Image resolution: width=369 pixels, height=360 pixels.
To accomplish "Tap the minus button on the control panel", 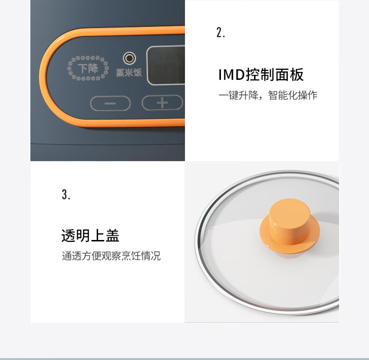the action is (110, 103).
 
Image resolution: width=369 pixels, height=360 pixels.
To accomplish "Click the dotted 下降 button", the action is (88, 68).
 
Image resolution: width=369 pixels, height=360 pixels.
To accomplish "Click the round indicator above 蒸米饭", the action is (129, 58).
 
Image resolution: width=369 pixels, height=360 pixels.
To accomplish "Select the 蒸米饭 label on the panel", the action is (129, 72).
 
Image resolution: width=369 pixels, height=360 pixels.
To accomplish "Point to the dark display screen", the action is (166, 65).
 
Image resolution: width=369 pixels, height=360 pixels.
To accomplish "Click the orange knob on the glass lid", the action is (290, 226).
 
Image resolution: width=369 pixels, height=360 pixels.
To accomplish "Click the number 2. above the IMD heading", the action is (221, 33).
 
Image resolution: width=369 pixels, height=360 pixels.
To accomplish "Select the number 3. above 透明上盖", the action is (66, 195).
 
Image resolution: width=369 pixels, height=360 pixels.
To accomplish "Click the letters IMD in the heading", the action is (232, 75).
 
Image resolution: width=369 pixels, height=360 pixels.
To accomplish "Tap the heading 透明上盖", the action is (90, 235).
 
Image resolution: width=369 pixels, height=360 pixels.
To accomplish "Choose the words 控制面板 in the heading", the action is (275, 75).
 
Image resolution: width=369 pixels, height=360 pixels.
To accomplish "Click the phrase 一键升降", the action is (238, 95).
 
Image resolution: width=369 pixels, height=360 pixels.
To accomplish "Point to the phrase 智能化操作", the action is (293, 95).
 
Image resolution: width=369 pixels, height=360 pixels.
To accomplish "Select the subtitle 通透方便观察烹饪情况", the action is (111, 256).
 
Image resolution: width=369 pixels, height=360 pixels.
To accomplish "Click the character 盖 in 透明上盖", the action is (113, 235).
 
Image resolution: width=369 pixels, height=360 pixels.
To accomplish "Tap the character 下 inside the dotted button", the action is (83, 69).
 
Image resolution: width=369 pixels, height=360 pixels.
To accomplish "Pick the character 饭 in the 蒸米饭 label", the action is (138, 72).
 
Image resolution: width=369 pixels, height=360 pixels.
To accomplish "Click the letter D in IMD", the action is (240, 75).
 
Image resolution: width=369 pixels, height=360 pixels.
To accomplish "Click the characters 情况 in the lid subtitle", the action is (151, 256).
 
